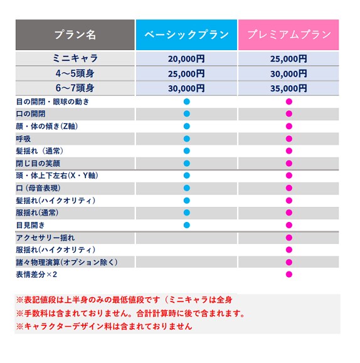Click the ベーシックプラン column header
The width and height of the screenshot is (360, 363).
point(186,34)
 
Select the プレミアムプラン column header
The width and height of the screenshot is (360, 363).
point(289,34)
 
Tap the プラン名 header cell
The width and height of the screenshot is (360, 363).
point(75,34)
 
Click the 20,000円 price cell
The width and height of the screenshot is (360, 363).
point(186,59)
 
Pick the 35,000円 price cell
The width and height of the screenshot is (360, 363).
point(289,88)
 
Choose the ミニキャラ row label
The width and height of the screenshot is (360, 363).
point(75,58)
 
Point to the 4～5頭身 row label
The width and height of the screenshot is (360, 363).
point(75,73)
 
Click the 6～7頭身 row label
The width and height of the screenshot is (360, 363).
point(75,88)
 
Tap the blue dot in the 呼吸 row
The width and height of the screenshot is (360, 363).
point(187,139)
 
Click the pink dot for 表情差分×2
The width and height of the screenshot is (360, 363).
point(289,275)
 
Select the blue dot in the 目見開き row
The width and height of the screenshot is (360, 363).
point(187,225)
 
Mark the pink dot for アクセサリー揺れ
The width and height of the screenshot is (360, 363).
point(289,238)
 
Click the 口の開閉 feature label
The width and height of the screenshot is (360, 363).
point(31,114)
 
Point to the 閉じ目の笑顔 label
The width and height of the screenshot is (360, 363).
point(38,164)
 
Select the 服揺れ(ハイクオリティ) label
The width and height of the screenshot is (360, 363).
point(56,250)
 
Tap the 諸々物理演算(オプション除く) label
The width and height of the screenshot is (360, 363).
point(66,262)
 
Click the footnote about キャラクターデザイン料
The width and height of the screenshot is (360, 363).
point(104,327)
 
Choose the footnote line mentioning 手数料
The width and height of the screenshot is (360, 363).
point(130,313)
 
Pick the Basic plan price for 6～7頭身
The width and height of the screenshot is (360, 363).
point(186,88)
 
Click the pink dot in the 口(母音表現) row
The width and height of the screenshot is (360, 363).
point(289,188)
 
